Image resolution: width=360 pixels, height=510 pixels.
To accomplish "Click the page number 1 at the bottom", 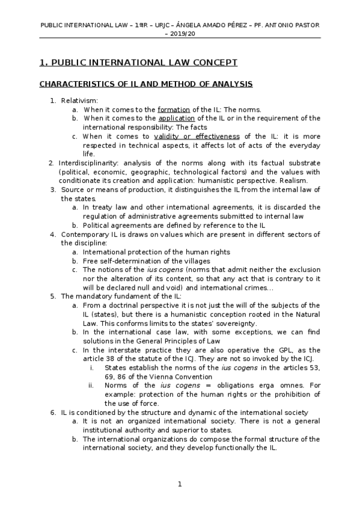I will tap(179, 484).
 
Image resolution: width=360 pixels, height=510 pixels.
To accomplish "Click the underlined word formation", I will tap(174, 109).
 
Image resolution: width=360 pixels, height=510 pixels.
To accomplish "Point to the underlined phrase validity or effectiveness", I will tap(196, 137).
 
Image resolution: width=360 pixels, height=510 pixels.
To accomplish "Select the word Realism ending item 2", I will tap(292, 180).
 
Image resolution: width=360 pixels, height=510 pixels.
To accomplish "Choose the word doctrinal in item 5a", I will tap(124, 306).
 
